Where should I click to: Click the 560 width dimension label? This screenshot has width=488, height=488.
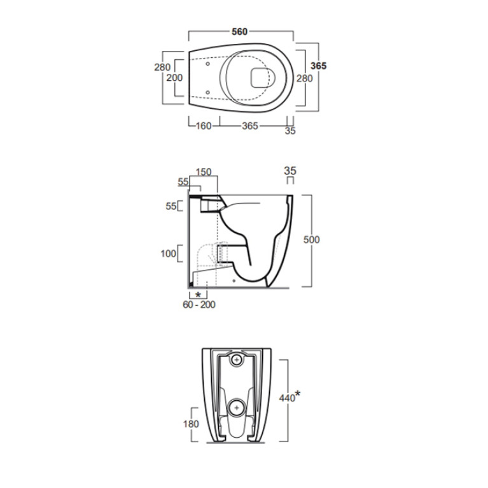coord(240,31)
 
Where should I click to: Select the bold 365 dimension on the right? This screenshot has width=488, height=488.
coord(319,66)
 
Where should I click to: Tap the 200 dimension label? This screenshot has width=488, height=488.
coord(174,78)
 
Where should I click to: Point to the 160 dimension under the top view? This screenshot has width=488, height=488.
coord(204,126)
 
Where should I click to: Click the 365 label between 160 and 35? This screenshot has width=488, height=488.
coord(250,126)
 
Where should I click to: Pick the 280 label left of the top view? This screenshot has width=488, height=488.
coord(162,67)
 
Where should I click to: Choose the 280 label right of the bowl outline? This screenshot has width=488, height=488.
coord(304,78)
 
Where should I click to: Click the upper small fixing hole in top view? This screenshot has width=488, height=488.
coord(207,64)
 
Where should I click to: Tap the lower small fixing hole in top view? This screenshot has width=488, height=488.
coord(207,92)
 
